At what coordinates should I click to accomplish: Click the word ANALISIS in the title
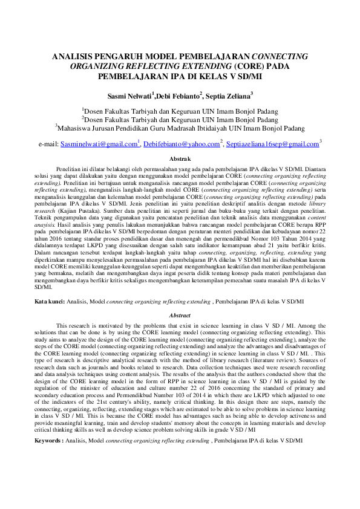[x=74, y=57]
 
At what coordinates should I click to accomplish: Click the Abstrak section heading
[x=180, y=158]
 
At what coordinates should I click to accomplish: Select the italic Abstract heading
[x=180, y=316]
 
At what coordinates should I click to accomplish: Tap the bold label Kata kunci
[x=49, y=300]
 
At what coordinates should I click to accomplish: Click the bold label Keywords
[x=50, y=441]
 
